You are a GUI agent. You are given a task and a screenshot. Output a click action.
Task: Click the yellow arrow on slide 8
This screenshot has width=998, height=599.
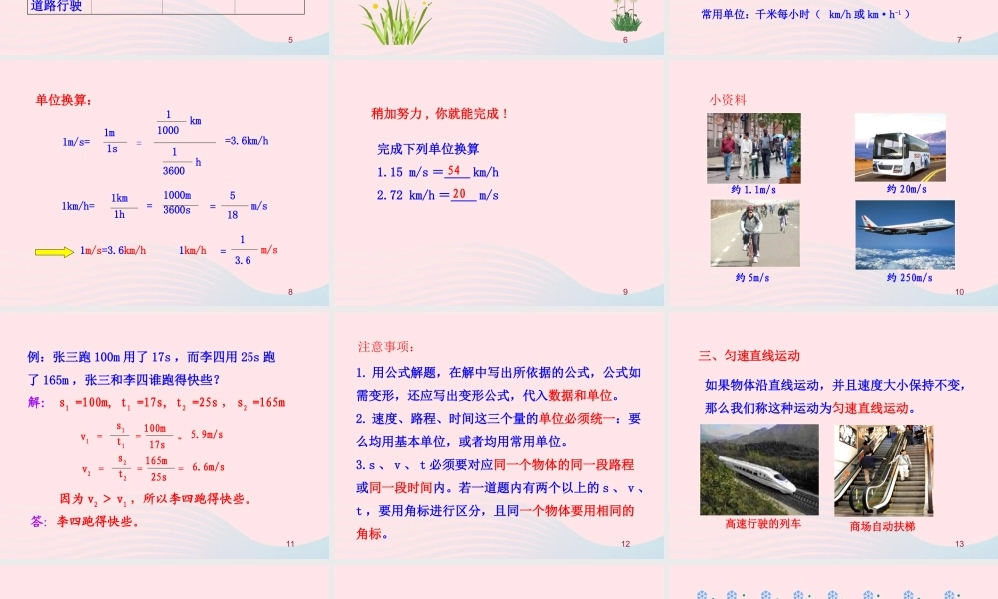click(x=54, y=252)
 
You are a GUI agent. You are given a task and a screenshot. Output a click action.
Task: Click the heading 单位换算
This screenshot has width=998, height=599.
click(x=64, y=100)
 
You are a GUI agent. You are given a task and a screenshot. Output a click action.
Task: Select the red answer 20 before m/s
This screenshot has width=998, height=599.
click(x=459, y=194)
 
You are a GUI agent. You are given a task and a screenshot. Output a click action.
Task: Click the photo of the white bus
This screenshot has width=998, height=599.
click(x=900, y=147)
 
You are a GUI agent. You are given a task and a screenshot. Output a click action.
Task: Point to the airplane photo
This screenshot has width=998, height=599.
click(x=904, y=234)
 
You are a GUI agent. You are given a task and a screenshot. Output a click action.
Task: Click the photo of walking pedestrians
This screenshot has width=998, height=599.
click(x=753, y=147)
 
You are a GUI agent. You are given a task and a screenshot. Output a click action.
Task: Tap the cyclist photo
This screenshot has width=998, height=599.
click(x=754, y=233)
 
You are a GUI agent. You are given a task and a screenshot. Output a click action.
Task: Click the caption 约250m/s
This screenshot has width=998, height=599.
click(x=909, y=277)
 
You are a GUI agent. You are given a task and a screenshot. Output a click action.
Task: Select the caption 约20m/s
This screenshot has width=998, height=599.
click(x=906, y=189)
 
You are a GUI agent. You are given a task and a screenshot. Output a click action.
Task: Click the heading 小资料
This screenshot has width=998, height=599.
click(x=728, y=100)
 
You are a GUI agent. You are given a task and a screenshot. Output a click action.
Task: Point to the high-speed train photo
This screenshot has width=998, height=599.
click(x=758, y=469)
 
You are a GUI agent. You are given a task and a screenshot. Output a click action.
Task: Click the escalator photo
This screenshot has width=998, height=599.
click(x=883, y=470)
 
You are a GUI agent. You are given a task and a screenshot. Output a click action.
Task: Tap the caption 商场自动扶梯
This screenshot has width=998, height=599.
click(x=882, y=526)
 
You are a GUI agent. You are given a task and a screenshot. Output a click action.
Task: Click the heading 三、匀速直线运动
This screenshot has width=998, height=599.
click(x=749, y=355)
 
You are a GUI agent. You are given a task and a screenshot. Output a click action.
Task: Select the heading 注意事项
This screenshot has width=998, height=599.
click(x=385, y=347)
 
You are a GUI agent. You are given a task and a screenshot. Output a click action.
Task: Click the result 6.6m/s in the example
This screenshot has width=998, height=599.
click(x=205, y=466)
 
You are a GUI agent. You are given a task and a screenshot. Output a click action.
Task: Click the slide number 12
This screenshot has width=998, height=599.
click(x=625, y=544)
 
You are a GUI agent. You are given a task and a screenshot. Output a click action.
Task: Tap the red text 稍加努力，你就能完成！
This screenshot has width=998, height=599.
click(x=440, y=114)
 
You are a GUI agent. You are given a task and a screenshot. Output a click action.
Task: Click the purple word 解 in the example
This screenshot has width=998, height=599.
click(x=37, y=402)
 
